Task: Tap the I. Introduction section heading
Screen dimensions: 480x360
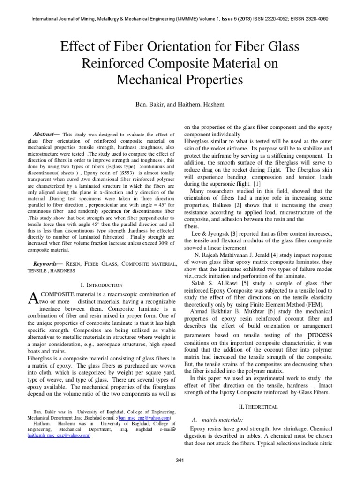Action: pyautogui.click(x=102, y=285)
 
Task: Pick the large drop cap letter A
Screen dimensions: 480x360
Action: pyautogui.click(x=33, y=297)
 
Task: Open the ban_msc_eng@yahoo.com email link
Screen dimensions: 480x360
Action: pyautogui.click(x=144, y=418)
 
